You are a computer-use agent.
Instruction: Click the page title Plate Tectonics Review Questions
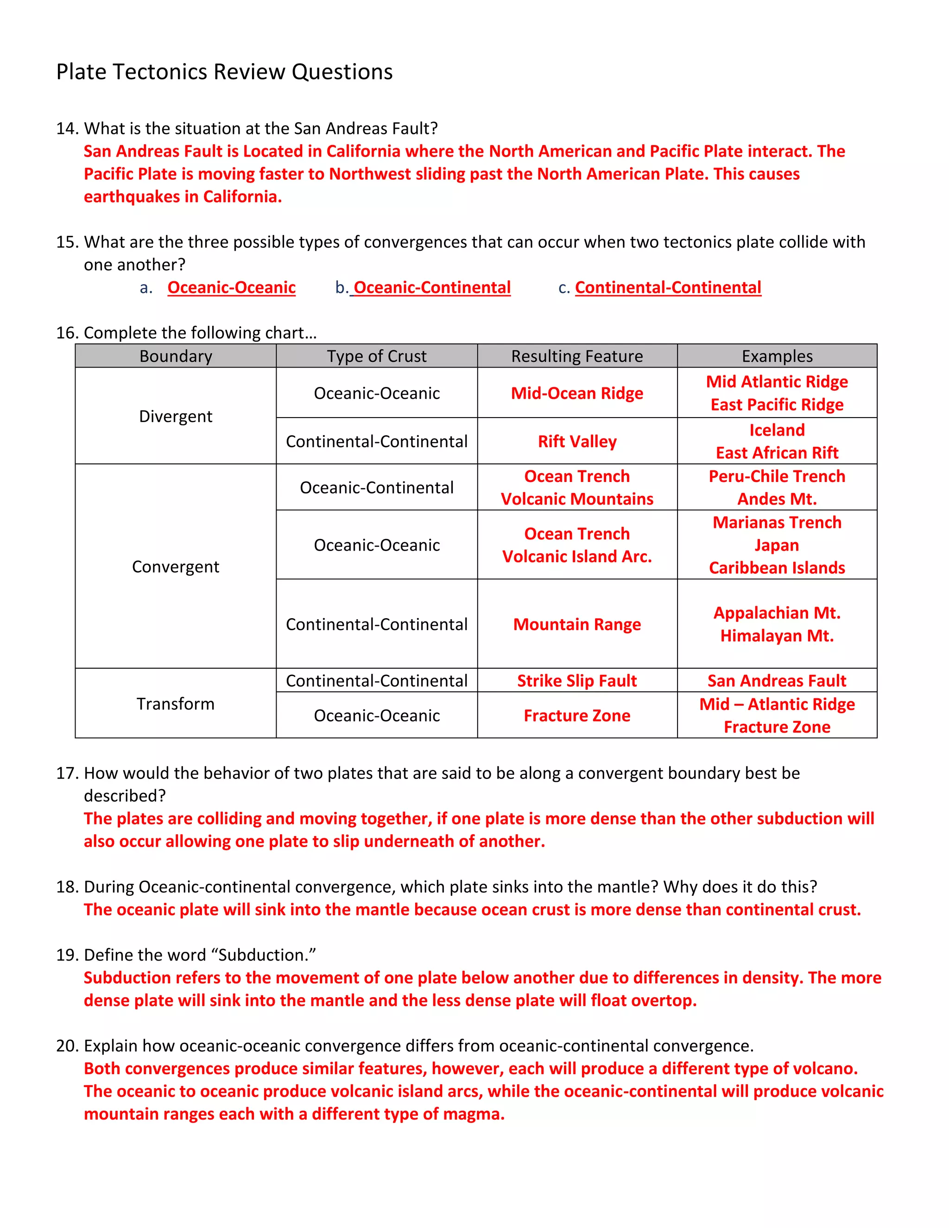[x=224, y=72]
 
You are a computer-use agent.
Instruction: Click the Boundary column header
[x=176, y=356]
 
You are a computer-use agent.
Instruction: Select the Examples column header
[x=777, y=356]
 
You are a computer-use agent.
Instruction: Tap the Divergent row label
[x=176, y=416]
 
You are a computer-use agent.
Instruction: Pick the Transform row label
[x=176, y=703]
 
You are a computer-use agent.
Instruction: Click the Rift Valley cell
[x=577, y=441]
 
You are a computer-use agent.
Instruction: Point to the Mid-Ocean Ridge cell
[x=577, y=393]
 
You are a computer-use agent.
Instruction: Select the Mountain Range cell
[x=577, y=624]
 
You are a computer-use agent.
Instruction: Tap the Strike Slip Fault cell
[x=577, y=680]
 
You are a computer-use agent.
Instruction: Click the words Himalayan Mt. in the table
[x=777, y=635]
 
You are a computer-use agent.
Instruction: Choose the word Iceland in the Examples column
[x=777, y=430]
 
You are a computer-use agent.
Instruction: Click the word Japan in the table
[x=777, y=545]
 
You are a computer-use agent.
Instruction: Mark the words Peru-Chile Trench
[x=777, y=476]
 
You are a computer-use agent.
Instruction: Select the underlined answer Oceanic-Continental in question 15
[x=432, y=287]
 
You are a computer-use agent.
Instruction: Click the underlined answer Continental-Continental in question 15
[x=668, y=287]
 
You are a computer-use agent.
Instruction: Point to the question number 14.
[x=67, y=129]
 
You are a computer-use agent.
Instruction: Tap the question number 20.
[x=67, y=1046]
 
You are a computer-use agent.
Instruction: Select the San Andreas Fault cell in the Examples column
[x=777, y=680]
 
